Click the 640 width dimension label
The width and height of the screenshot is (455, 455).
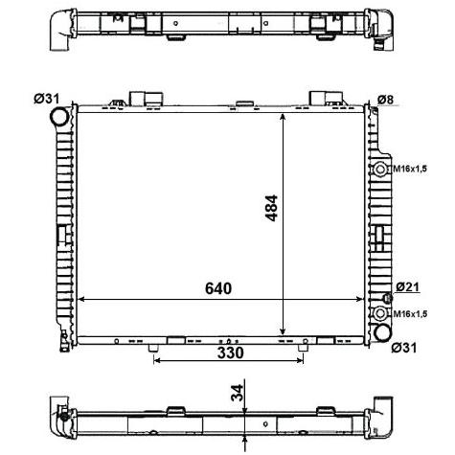218,288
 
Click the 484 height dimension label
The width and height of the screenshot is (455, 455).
272,208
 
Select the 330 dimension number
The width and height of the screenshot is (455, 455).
231,353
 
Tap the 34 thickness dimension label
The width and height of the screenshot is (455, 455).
237,393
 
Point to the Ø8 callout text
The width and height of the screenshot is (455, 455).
386,100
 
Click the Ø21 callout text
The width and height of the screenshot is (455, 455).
407,287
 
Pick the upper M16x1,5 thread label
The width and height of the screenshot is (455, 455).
410,169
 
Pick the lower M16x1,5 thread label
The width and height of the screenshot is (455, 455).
410,314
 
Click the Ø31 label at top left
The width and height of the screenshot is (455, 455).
47,99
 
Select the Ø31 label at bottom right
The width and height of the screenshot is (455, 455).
404,348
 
